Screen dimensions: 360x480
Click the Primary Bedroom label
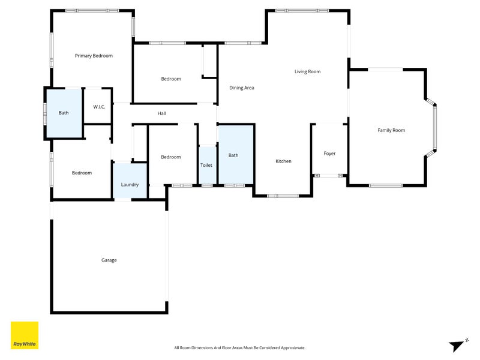94,56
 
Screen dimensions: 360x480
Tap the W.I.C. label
99,107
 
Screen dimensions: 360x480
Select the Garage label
109,260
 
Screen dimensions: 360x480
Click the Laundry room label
130,185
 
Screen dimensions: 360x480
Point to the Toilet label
206,165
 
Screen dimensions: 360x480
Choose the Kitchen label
283,161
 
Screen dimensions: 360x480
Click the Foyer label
329,154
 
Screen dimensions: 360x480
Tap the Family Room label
391,130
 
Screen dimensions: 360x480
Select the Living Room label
307,72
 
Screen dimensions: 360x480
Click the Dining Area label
242,88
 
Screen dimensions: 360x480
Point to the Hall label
161,113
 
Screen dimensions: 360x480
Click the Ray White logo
25,335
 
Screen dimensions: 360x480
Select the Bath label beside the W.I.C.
63,113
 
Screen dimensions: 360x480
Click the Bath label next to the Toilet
233,155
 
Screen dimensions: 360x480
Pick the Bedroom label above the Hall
170,79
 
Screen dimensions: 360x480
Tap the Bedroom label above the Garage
82,173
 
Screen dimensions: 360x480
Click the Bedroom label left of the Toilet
170,157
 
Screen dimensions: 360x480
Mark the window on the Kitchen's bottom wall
282,196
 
